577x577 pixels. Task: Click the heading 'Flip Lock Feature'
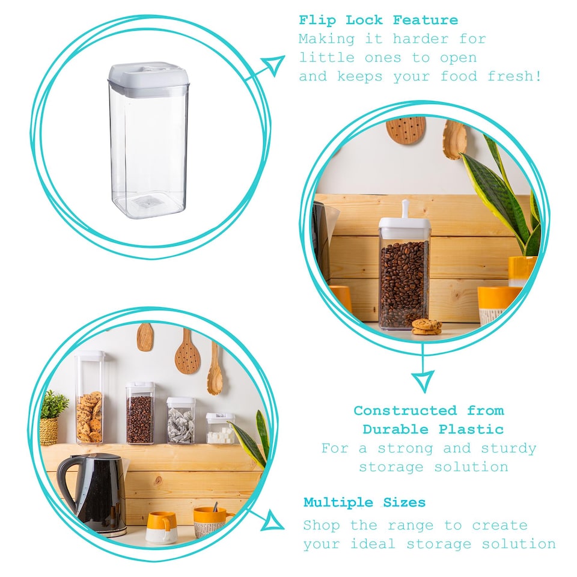(x=378, y=20)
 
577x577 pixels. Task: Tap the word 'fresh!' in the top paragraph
(x=514, y=76)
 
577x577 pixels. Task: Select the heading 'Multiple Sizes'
(x=364, y=502)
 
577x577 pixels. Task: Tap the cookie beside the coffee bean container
(x=427, y=326)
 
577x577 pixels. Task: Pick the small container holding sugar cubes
(x=220, y=428)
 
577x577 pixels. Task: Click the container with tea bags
(x=181, y=421)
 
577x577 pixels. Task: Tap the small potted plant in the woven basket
(x=53, y=418)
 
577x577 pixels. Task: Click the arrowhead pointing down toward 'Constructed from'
(x=423, y=382)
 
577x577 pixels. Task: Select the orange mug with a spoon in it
(x=209, y=522)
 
